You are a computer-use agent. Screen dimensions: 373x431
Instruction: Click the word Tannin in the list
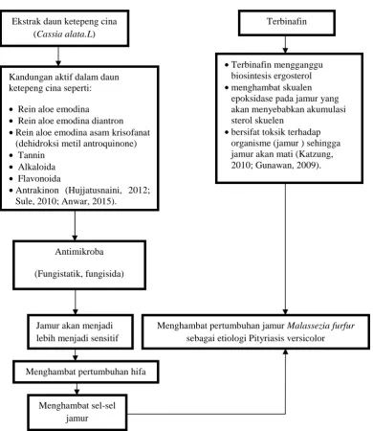point(32,155)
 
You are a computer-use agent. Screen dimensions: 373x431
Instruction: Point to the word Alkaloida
point(36,167)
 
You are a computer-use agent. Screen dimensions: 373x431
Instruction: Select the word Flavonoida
point(39,179)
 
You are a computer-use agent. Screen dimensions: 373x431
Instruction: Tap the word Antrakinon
point(37,191)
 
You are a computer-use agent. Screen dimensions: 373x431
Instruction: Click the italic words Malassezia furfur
point(320,326)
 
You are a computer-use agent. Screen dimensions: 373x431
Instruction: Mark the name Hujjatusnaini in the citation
point(95,191)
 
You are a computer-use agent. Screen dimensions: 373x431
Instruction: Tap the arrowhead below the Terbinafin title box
point(285,51)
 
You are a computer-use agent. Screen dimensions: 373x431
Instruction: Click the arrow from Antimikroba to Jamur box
point(76,302)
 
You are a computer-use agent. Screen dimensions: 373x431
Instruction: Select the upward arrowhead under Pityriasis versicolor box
point(285,352)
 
